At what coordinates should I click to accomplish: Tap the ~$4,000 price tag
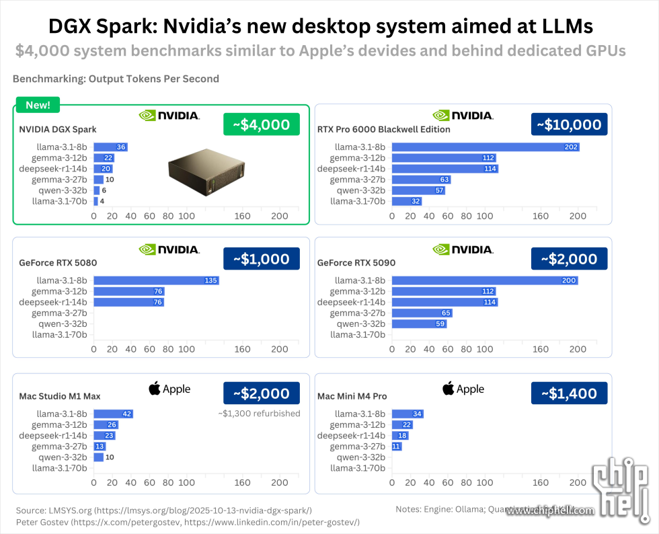click(262, 124)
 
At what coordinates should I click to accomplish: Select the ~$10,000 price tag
click(569, 124)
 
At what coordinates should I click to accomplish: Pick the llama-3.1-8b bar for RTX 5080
click(156, 280)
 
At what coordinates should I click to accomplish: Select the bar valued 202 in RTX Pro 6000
click(486, 147)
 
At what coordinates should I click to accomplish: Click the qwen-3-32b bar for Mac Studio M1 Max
click(98, 457)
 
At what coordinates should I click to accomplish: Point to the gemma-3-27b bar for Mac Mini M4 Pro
click(397, 447)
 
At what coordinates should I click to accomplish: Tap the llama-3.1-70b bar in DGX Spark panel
click(95, 201)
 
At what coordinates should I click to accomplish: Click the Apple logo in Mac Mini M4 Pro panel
click(463, 389)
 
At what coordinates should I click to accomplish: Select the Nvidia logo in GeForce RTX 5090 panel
click(463, 250)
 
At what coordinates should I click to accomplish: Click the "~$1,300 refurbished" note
click(259, 413)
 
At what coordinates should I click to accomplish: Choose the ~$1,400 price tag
click(569, 393)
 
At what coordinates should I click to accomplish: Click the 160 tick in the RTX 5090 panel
click(541, 350)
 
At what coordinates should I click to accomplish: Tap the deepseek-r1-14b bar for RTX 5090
click(444, 302)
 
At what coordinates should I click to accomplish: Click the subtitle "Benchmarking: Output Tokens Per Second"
click(116, 79)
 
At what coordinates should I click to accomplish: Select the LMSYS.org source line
click(163, 510)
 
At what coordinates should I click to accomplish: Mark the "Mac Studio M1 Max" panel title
click(60, 396)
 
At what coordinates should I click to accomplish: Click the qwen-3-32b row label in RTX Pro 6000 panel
click(360, 190)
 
